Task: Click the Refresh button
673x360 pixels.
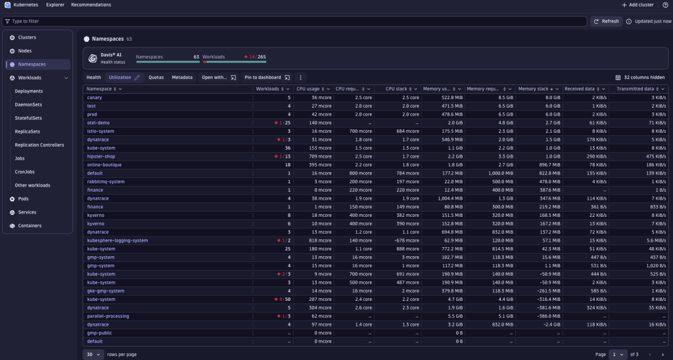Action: (605, 21)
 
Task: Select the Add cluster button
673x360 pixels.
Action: (638, 5)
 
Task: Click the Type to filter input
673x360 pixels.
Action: (296, 21)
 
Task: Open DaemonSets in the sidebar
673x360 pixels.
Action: (28, 104)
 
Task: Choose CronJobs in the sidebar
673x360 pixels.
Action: (25, 171)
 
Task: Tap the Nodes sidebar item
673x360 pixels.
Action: (25, 51)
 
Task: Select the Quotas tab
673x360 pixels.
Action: (156, 78)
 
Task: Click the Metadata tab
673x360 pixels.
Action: (182, 78)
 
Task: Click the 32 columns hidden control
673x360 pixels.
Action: (639, 78)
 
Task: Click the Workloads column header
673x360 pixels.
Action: (269, 89)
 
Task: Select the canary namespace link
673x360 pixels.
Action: (95, 97)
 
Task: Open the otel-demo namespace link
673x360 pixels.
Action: (98, 123)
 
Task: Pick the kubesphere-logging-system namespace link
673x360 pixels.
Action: (117, 240)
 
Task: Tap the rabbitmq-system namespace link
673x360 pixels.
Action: (105, 181)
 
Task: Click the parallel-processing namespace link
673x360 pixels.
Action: (108, 316)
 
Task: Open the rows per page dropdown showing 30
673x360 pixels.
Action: (93, 354)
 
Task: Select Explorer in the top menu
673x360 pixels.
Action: (55, 5)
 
